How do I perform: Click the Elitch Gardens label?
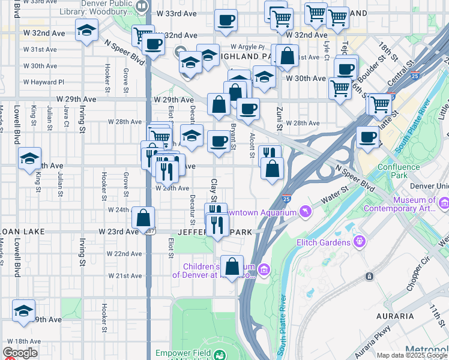322,242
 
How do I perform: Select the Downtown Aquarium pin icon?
306,212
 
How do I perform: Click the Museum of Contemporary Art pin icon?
443,204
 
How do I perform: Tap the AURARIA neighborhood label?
394,316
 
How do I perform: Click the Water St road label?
336,196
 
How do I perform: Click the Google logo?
20,353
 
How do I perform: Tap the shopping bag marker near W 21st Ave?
232,266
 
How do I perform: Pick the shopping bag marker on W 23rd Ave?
143,218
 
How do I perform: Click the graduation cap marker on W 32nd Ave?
87,31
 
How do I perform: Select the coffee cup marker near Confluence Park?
367,137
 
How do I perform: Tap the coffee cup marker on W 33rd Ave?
226,21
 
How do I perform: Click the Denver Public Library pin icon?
142,7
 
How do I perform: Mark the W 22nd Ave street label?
125,254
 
